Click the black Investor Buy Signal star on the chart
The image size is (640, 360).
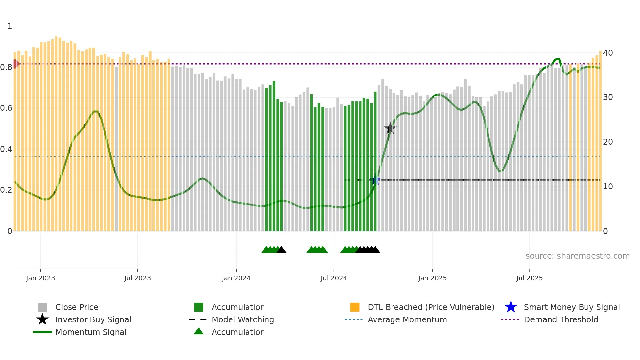390,128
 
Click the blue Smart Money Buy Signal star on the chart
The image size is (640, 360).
375,180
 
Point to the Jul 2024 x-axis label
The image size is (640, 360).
334,278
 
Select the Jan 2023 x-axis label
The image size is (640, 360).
40,278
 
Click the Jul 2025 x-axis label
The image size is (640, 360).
529,278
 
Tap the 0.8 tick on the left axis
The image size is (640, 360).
6,67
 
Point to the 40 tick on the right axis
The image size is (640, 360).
608,53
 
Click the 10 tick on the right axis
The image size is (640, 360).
608,187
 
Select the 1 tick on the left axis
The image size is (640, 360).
10,26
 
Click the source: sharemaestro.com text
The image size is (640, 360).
577,256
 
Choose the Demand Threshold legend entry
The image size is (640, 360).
561,319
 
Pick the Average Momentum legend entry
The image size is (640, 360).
407,319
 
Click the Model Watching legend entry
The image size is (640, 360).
242,319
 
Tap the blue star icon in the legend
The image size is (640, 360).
511,307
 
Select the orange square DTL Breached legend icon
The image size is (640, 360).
355,307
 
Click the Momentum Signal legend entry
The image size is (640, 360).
91,332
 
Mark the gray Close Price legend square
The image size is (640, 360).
42,307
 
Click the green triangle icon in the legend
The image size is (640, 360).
199,331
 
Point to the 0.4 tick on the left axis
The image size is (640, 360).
6,149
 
